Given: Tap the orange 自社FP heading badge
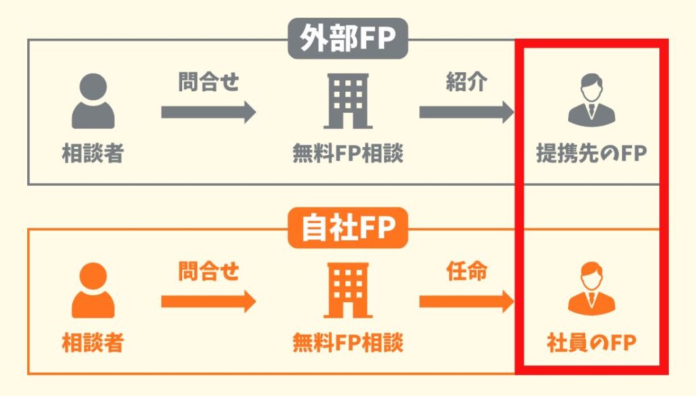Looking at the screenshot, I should coord(347,229).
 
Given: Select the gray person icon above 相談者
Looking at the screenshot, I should coord(93,101).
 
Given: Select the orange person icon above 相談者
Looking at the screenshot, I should coord(93,291).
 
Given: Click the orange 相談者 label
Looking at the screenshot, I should coord(92,342).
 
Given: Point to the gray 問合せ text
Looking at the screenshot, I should coord(209,82).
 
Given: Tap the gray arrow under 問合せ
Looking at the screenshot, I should coord(209,112).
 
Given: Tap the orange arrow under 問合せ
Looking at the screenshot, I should coord(209,301).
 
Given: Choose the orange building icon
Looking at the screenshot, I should coord(347,291).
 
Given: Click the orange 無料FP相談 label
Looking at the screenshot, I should coord(347,342).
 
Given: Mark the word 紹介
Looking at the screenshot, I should coord(466,82).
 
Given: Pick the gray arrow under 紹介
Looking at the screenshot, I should coord(466,112).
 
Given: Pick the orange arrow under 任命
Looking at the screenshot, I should coord(466,301).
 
